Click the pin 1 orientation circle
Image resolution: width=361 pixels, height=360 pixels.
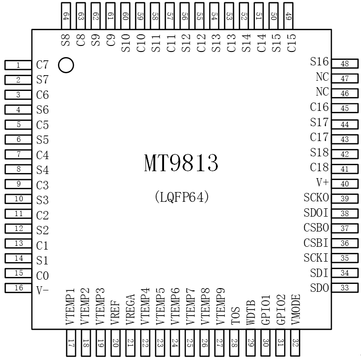pos(66,65)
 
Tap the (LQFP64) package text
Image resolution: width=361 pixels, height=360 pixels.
pos(181,197)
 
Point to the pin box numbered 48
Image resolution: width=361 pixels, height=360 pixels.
pos(344,64)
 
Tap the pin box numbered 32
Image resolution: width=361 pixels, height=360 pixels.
pos(295,343)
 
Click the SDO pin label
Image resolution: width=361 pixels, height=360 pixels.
pos(319,288)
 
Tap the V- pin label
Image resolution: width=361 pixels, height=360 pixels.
pos(42,290)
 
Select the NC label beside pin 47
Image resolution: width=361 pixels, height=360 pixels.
pos(322,77)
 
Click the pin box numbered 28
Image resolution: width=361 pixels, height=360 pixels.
pos(235,343)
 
